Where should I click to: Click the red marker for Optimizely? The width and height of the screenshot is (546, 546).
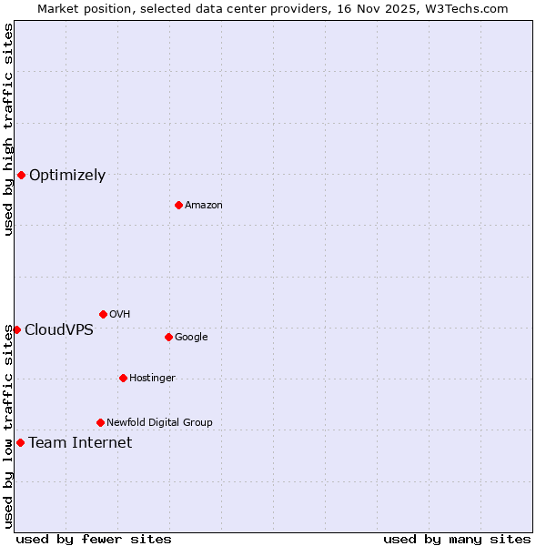point(21,175)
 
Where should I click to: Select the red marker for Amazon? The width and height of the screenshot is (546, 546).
point(178,205)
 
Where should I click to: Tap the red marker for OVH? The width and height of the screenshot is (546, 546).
point(103,314)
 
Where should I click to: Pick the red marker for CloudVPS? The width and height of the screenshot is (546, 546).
point(16,329)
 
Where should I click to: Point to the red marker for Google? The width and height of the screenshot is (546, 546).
point(168,337)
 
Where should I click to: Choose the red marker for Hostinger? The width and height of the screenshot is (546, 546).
point(123,378)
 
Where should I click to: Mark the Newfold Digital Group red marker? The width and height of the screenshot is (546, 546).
point(100,422)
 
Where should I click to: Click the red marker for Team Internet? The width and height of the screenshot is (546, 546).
point(20,442)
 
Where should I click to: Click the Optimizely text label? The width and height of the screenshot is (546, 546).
point(67,176)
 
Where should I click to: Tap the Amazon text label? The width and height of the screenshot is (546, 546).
point(203,206)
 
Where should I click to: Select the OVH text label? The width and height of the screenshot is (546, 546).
point(119,315)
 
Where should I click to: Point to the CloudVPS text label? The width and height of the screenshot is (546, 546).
point(58,330)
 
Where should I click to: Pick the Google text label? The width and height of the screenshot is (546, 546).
point(191,338)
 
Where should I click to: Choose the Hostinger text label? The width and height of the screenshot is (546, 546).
point(152,379)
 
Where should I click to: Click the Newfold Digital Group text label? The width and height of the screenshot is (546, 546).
point(159,423)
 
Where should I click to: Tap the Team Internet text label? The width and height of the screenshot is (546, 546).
point(80,443)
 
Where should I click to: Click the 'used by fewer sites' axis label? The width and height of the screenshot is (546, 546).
point(94,539)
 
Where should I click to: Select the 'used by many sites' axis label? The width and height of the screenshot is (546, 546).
point(457,539)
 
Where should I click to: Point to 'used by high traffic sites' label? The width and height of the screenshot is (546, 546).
point(8,129)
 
